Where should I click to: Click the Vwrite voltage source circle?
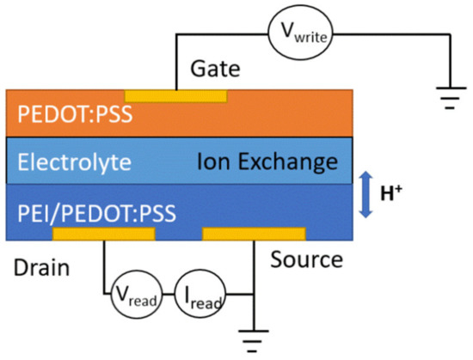[x=301, y=35]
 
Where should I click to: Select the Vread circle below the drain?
[x=133, y=298]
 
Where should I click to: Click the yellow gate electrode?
[x=176, y=94]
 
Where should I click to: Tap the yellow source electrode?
[x=254, y=233]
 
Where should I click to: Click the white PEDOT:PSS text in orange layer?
[x=68, y=115]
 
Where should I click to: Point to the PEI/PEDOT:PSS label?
[x=96, y=208]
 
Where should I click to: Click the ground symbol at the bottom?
[x=254, y=342]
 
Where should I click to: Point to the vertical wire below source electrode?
[x=254, y=266]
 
